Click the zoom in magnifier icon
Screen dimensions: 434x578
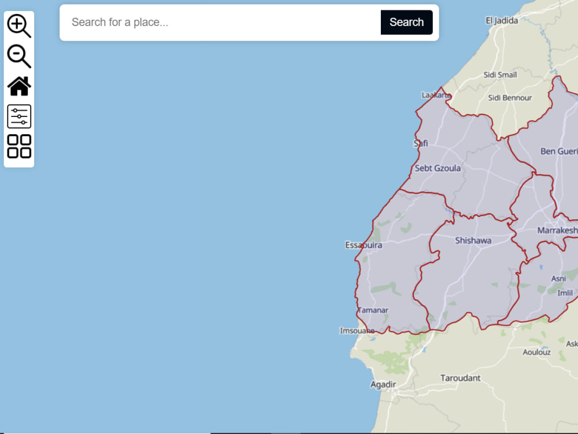point(18,26)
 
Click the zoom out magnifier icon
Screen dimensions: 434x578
point(18,56)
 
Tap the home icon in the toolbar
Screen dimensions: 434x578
point(19,86)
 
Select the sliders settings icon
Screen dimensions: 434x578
point(19,116)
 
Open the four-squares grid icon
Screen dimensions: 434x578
point(19,146)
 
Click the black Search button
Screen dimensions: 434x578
point(406,23)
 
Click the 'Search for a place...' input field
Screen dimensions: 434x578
point(220,23)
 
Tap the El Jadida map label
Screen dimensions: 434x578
point(502,21)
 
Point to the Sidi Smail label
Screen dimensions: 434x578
point(500,75)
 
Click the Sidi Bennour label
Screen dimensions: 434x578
point(510,98)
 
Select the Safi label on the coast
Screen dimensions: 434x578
point(421,143)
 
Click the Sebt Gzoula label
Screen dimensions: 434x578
point(438,168)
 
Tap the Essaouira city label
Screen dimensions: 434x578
point(364,245)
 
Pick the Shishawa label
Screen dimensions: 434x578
point(473,240)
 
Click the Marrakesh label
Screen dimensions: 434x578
point(557,230)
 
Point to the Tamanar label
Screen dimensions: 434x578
point(373,310)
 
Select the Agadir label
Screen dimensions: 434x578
point(383,384)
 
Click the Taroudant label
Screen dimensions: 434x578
point(460,378)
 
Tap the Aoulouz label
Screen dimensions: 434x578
point(536,352)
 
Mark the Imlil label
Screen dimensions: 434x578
point(565,293)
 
